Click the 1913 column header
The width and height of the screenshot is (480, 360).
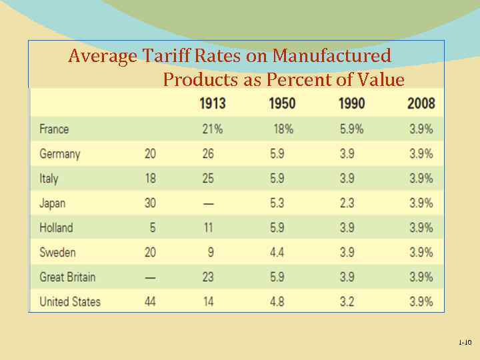coord(212,103)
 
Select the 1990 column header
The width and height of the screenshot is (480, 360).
coord(352,103)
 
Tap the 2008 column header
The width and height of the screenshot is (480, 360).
coord(421,103)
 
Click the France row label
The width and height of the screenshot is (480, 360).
coord(54,129)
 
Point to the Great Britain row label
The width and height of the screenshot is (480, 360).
coord(67,277)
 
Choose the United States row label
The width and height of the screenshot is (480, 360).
coord(70,301)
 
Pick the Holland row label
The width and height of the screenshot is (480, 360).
coord(56,227)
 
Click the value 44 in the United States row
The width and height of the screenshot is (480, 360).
coord(150,301)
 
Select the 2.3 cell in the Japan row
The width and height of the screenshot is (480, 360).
coord(347,203)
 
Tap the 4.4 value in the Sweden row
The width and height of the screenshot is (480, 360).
coord(277,252)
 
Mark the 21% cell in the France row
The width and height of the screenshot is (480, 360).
coord(212,129)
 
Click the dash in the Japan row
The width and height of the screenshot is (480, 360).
coord(209,203)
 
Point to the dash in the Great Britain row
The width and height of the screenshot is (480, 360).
coord(150,277)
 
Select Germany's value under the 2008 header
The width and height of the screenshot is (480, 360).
coord(421,153)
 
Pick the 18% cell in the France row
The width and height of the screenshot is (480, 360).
coord(282,129)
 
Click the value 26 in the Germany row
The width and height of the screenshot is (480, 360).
coord(208,153)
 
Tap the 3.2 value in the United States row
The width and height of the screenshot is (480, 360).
coord(347,301)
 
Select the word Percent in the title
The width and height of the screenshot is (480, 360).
coord(295,80)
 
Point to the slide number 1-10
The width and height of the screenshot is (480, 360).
coord(465,343)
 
